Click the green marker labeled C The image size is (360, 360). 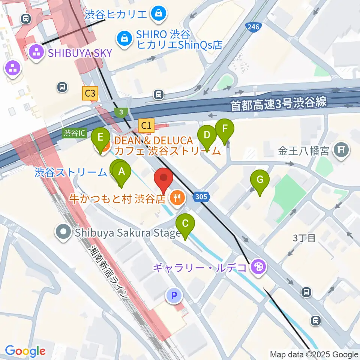185,224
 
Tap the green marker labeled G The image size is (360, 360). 260,180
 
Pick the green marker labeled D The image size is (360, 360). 207,135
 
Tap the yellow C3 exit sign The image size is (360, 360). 90,93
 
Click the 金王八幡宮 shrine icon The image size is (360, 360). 342,150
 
